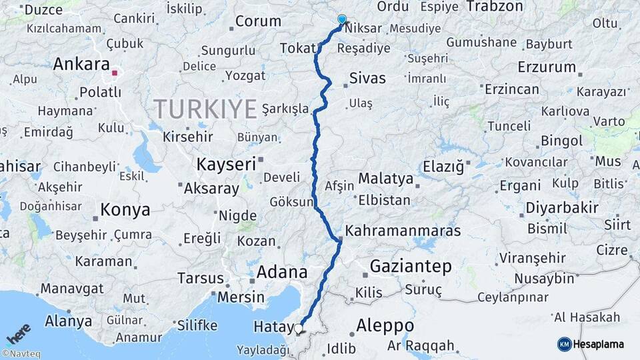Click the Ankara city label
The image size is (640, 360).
point(81,65)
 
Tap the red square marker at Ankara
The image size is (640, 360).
point(115,73)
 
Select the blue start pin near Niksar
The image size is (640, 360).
point(342,20)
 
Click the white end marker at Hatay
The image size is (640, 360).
point(299,328)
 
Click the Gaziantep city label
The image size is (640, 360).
point(410,267)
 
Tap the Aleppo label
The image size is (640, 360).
point(385,326)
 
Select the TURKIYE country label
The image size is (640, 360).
point(205,108)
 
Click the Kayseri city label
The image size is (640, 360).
point(226,163)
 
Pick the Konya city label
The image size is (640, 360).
point(125,211)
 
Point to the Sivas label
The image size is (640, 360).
point(367,79)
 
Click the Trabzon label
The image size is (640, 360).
point(495,6)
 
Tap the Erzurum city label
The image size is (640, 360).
point(547,67)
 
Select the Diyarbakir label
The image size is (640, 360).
point(562,207)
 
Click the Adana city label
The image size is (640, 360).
point(283,272)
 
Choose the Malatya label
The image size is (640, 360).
point(386,179)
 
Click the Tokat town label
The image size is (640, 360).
point(296,48)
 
